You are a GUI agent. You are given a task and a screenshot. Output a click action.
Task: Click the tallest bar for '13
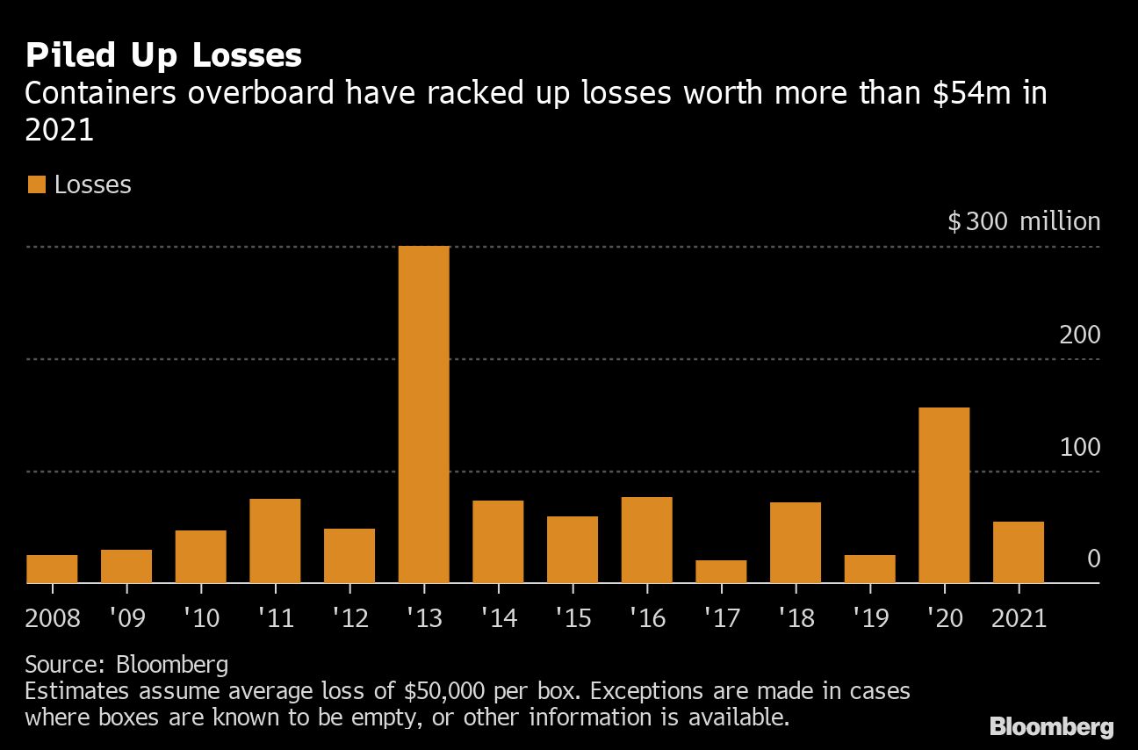tap(423, 415)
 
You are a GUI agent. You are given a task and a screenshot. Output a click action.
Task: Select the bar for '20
tap(944, 495)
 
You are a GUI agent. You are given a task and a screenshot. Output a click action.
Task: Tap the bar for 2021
tap(1019, 552)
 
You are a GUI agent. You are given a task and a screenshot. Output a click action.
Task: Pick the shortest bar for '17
tap(721, 572)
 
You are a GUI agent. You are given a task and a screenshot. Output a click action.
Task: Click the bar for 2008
tap(52, 569)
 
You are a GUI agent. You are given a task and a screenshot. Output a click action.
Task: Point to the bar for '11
tap(275, 541)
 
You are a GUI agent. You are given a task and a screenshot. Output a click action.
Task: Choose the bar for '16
tap(646, 540)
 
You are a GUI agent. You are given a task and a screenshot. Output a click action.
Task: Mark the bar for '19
tap(869, 569)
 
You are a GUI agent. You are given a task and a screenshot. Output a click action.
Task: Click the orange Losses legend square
tap(36, 184)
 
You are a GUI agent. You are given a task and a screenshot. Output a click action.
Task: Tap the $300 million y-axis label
tap(1024, 221)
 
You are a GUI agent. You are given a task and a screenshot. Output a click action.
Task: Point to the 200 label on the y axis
tap(1080, 335)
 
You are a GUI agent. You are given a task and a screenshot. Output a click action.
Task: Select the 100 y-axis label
tap(1080, 447)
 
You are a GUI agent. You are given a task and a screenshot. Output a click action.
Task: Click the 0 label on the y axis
tap(1093, 559)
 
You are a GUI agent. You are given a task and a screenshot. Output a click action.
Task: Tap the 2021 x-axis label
tap(1019, 618)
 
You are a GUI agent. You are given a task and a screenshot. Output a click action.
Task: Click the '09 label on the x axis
tap(126, 618)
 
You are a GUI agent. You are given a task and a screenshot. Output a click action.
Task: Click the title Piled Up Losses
tap(163, 56)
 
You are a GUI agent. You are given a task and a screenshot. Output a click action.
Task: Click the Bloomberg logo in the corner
tap(1051, 726)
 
